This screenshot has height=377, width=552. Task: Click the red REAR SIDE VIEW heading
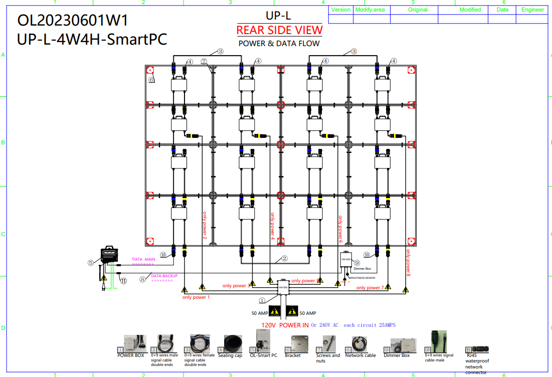[279, 30]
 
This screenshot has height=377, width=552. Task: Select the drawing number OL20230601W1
[73, 21]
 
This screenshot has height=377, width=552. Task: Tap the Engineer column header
[532, 10]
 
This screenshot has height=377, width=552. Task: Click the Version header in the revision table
[341, 10]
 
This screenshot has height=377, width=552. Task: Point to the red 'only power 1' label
[196, 297]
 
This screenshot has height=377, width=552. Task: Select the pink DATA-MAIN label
[143, 259]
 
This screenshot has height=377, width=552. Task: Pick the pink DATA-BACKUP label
[164, 276]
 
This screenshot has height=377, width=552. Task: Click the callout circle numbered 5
[90, 262]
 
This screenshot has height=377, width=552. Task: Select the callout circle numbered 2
[284, 259]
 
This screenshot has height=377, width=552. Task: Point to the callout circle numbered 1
[262, 301]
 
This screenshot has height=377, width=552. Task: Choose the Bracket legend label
[293, 355]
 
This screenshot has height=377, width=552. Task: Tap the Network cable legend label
[360, 355]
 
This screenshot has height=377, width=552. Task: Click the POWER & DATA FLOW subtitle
[279, 44]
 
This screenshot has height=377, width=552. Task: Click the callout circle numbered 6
[151, 79]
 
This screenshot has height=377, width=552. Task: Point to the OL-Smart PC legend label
[263, 355]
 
